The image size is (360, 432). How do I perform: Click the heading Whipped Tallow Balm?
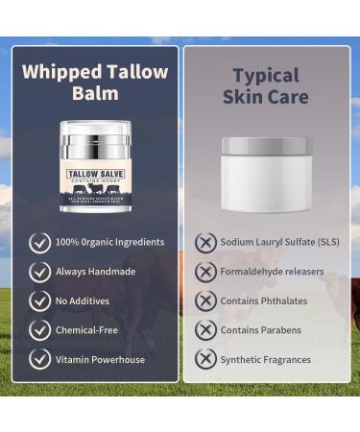tap(95, 84)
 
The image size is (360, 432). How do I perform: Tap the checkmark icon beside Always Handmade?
tap(39, 272)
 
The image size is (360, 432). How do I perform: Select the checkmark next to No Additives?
tap(39, 300)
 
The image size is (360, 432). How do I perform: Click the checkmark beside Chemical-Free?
tap(39, 329)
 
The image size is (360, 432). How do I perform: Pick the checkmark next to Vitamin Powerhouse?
tap(39, 359)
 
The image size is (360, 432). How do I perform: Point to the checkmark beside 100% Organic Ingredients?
tap(39, 242)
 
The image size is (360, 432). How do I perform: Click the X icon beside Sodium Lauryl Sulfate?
tap(204, 242)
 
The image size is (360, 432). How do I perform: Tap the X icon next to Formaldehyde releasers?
tap(204, 272)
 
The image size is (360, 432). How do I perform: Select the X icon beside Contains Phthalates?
tap(204, 300)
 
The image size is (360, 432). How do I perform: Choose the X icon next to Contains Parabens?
tap(204, 329)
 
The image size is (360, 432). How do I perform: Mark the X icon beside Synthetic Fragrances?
tap(204, 359)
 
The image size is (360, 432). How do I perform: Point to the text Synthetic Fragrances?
tap(265, 359)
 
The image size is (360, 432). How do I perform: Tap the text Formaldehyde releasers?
tap(273, 272)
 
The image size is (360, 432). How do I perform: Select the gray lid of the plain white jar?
tap(265, 146)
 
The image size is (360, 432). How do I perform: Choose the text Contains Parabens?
tap(260, 329)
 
